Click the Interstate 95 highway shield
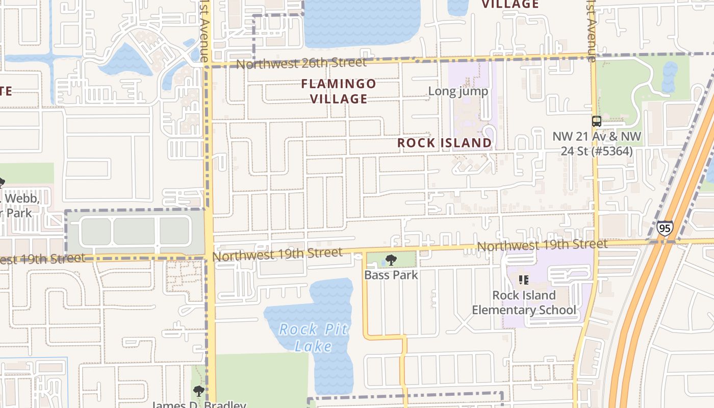664,228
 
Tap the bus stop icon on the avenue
596,121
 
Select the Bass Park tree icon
391,260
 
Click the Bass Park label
391,275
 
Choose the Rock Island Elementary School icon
523,279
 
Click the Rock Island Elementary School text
524,302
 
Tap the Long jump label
458,91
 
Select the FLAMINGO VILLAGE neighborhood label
339,91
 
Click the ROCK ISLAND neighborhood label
444,143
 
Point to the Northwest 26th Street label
301,63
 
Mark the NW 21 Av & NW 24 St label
597,144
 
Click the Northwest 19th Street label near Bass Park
277,253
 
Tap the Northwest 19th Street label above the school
542,245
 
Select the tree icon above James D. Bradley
198,391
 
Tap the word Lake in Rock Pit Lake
313,346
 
